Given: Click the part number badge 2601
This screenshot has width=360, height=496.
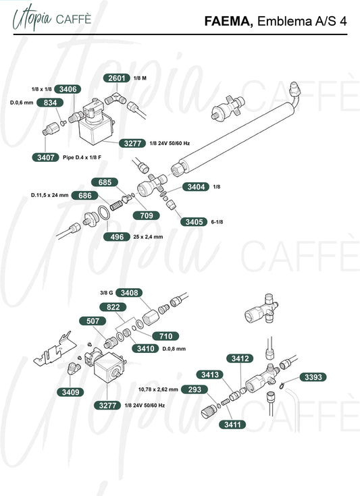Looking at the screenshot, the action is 117,78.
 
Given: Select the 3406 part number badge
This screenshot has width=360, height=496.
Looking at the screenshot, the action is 68,89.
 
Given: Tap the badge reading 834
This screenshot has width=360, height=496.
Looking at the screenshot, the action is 50,103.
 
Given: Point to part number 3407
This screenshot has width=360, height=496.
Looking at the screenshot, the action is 46,157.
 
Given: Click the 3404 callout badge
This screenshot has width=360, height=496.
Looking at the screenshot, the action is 196,187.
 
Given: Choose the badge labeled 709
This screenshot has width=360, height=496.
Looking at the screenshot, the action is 147,215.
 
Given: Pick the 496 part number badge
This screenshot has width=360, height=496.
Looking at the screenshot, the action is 117,237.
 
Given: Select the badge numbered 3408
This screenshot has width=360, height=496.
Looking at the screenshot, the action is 129,293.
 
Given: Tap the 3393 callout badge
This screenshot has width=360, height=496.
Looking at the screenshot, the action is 313,377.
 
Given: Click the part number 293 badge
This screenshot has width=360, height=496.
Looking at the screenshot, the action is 195,389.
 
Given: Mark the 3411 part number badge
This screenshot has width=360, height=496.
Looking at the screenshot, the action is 232,424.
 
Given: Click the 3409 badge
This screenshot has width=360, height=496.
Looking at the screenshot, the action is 71,392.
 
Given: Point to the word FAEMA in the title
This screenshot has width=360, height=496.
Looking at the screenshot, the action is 228,21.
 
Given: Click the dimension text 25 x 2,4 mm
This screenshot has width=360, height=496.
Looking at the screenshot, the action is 148,237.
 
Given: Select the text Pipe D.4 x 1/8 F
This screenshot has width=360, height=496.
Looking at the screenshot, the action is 82,157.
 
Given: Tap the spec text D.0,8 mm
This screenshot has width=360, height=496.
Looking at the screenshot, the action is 174,349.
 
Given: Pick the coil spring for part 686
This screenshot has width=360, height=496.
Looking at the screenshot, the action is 116,204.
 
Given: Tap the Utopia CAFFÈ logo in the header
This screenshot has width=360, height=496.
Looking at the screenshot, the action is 52,19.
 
